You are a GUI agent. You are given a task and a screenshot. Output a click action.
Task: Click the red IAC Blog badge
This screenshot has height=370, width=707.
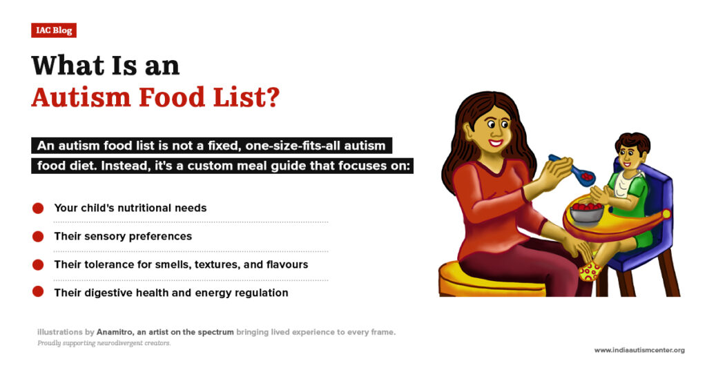coord(53,30)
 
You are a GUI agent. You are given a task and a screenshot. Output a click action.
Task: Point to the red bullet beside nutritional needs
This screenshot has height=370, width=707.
coord(38,208)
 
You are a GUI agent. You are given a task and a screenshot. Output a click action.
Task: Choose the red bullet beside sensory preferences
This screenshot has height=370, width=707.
coord(38,236)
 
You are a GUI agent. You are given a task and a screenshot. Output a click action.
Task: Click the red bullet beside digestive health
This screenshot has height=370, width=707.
coord(38,293)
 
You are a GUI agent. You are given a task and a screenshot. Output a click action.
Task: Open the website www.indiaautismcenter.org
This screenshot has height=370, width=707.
coord(639,350)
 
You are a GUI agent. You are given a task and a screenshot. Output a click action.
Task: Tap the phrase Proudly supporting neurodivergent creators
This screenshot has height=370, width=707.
coord(104,343)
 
